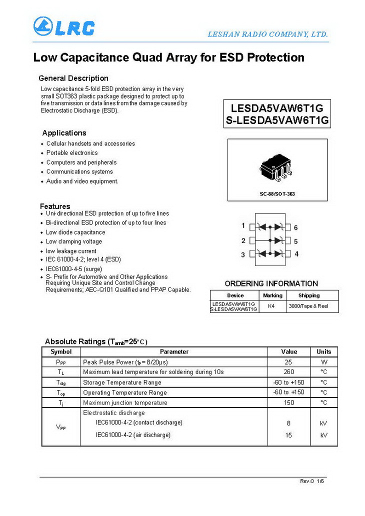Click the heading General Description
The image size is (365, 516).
coord(73,78)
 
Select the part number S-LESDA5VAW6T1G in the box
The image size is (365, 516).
coord(277,120)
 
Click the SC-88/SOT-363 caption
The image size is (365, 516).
coord(277,193)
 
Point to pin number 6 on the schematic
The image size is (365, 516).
coord(296,227)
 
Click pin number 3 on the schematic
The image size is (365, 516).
coord(243,254)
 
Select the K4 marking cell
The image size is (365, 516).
coord(271,305)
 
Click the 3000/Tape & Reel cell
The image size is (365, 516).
coord(308,305)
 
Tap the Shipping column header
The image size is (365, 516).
coord(309,295)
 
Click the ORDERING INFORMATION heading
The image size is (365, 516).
coord(271,283)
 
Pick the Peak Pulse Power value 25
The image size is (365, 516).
coord(288,362)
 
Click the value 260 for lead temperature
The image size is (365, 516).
coord(288,372)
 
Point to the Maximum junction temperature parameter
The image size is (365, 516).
coord(125,402)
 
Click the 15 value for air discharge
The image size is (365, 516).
coord(288,435)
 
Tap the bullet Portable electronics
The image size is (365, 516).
coord(72,153)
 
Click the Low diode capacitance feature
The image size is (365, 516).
coord(75,232)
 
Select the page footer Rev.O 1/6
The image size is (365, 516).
coord(312,481)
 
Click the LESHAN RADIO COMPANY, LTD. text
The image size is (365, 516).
coord(267,34)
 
